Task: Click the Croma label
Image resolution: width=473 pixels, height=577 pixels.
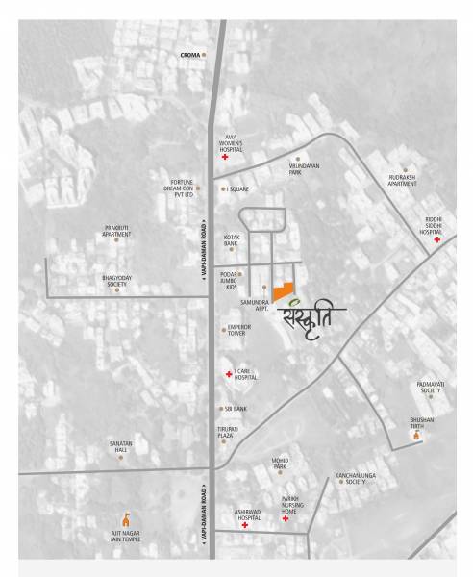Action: click(190, 55)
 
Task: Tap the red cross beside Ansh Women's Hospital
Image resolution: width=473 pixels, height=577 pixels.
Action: click(224, 157)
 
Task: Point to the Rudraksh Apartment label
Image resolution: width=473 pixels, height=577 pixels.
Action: click(402, 180)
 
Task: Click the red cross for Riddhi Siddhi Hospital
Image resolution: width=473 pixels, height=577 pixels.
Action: click(437, 239)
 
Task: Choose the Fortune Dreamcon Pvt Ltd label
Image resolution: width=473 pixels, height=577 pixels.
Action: click(183, 188)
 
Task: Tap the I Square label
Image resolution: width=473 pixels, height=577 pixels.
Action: click(236, 189)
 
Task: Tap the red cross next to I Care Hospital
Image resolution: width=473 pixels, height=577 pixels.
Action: click(228, 372)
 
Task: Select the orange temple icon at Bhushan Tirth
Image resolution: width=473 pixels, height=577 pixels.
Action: click(416, 437)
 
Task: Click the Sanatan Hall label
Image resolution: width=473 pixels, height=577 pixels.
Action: click(121, 447)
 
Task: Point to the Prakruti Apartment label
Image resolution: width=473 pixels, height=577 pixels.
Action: click(117, 232)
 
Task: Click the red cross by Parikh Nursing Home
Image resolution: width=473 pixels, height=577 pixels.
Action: click(286, 518)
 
